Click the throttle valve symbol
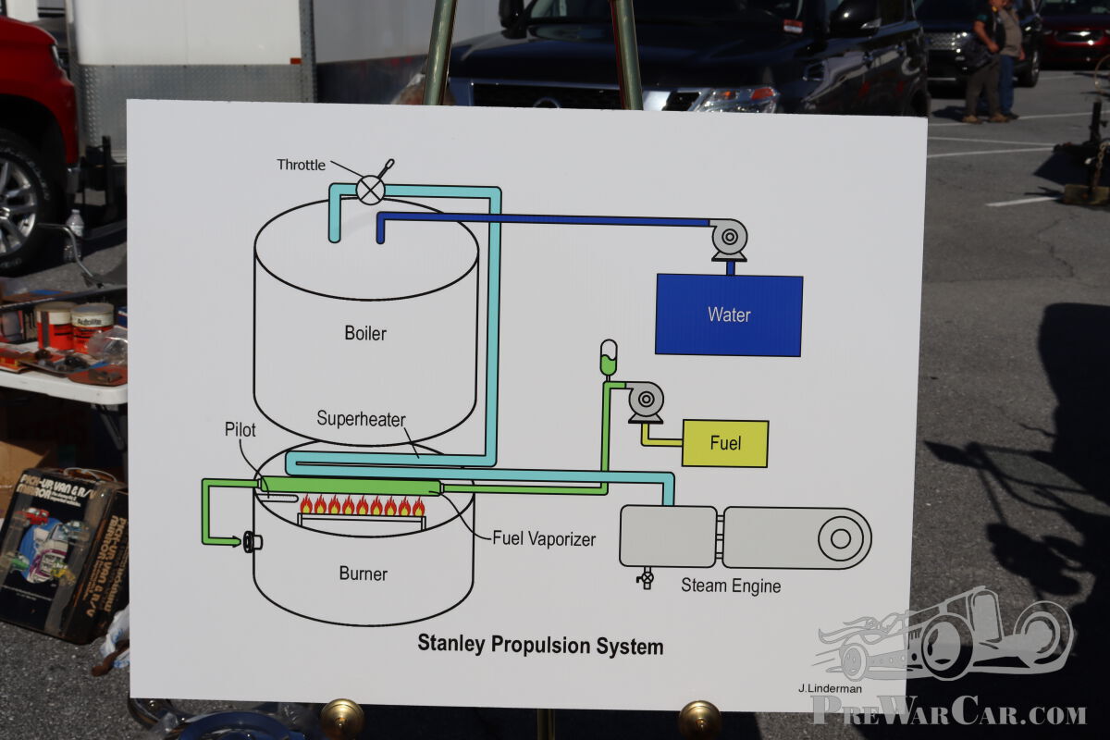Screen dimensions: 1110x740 (371, 190)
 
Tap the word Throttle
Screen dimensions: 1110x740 (301, 165)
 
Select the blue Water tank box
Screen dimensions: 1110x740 (729, 315)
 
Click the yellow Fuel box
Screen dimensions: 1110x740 (725, 444)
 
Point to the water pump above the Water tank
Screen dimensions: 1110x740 (730, 240)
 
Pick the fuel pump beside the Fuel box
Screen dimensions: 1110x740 (646, 402)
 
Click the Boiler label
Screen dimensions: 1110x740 (365, 333)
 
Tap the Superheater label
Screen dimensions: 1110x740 (361, 419)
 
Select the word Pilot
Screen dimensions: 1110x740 (240, 430)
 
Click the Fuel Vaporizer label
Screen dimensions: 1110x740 (544, 538)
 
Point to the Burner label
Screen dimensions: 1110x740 (364, 573)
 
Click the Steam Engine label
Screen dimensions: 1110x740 (731, 586)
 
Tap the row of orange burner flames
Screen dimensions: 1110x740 (363, 504)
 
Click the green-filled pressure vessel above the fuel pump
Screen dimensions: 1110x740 (609, 357)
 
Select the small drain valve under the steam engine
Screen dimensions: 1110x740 (646, 578)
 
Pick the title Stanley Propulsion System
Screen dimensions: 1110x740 (540, 645)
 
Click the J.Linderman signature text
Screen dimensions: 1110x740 (830, 688)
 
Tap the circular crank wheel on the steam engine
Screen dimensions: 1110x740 (841, 538)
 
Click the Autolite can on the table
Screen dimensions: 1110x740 (92, 327)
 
